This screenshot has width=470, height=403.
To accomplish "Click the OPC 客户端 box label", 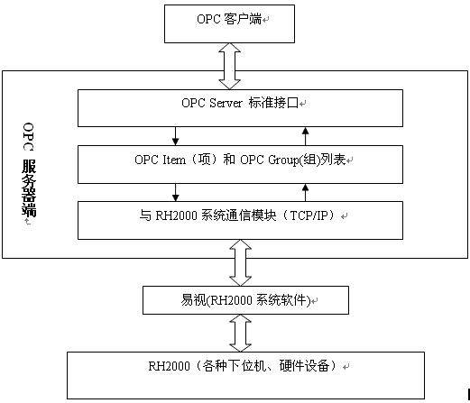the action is (229, 19).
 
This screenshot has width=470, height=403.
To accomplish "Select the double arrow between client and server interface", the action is (229, 66).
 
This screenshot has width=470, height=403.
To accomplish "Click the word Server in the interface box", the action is (226, 103).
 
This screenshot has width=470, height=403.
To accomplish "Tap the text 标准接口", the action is (273, 103).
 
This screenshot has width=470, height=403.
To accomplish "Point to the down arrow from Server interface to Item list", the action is (175, 136).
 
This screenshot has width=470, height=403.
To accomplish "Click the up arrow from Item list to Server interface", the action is (306, 136).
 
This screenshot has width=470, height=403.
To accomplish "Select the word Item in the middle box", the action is (174, 160).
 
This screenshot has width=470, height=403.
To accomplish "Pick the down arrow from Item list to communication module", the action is (175, 192).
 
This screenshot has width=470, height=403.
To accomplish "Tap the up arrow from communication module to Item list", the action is (306, 192).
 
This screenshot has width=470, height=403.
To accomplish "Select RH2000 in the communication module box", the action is (176, 215).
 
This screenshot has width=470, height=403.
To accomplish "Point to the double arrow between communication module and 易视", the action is (240, 262).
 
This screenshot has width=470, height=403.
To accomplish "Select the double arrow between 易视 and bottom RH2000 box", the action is (240, 333).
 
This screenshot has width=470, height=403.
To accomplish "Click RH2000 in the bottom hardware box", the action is (169, 366).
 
